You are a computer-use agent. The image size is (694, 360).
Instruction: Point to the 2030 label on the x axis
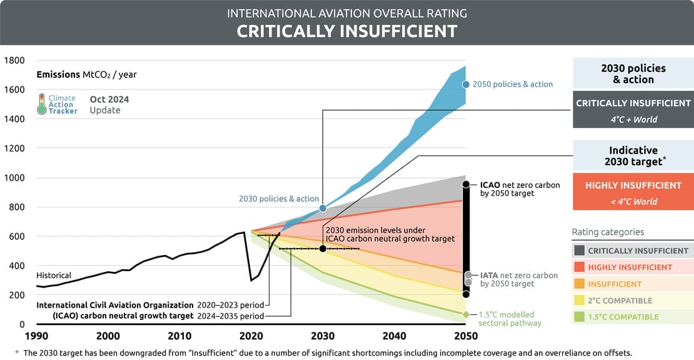(323, 336)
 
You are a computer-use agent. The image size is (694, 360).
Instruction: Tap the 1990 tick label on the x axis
(37, 336)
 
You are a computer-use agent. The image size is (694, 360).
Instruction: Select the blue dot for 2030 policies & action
(323, 208)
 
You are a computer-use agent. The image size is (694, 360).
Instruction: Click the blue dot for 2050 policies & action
(465, 84)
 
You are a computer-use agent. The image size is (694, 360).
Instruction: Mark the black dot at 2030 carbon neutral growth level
(323, 249)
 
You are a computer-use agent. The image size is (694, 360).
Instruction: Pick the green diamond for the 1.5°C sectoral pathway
(465, 314)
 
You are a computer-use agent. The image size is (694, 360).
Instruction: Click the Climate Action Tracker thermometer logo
(41, 104)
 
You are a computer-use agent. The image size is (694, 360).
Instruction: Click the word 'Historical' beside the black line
(54, 275)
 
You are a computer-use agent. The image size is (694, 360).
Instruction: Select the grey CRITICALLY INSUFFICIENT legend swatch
(580, 251)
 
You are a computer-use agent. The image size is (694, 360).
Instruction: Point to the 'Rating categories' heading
(608, 232)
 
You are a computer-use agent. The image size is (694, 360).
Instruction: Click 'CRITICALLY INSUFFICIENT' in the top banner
(347, 31)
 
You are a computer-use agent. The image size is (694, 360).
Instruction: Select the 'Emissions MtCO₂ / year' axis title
(86, 74)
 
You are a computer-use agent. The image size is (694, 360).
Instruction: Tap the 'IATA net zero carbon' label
(519, 275)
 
